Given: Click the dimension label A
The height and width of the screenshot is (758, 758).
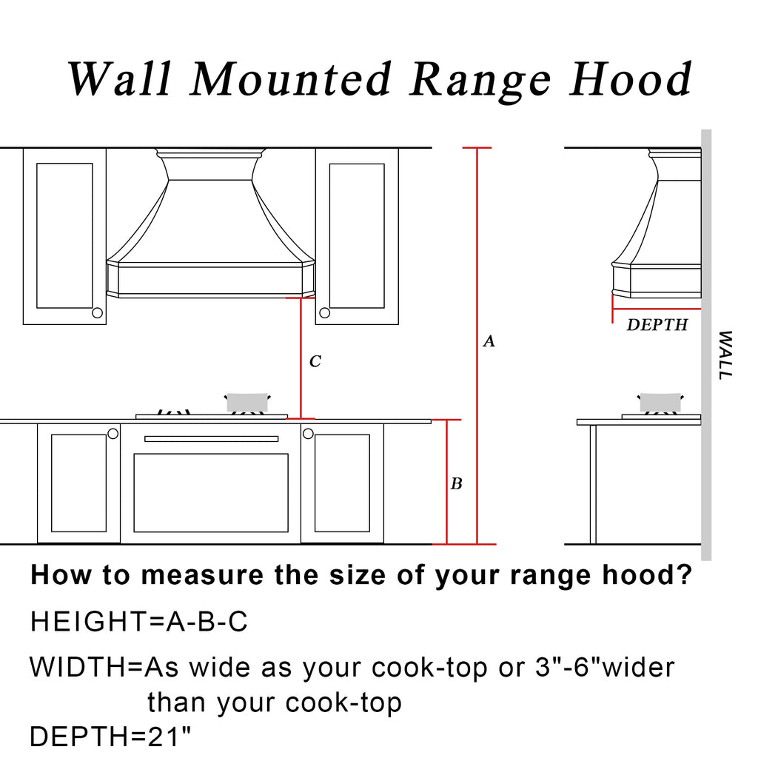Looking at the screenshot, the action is click(489, 341).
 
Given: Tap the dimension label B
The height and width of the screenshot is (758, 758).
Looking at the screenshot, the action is click(456, 483).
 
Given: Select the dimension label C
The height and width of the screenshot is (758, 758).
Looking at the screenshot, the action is click(315, 361).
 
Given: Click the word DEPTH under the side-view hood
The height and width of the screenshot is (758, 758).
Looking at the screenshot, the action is click(657, 325).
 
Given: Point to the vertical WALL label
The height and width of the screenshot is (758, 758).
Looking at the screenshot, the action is click(725, 355).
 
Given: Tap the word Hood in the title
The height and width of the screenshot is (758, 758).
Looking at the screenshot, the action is click(631, 79).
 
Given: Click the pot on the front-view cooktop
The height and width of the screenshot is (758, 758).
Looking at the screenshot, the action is click(247, 402).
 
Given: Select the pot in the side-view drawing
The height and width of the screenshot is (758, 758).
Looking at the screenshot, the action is click(660, 403).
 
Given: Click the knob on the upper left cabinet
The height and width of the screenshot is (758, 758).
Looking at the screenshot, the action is click(97, 313).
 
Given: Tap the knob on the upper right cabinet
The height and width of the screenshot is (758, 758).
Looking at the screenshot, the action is click(325, 313).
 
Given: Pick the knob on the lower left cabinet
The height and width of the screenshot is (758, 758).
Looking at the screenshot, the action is click(113, 434).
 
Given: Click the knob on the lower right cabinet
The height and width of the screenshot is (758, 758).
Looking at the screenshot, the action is click(308, 434).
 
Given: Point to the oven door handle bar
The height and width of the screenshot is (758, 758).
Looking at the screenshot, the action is click(211, 439).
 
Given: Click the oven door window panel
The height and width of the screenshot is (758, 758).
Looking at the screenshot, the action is click(211, 492).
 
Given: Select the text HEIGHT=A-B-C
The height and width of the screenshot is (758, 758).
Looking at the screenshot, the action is click(139, 622).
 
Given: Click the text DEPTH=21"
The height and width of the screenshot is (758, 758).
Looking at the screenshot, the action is click(110, 737).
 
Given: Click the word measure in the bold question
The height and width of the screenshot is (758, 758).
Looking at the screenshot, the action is click(203, 575).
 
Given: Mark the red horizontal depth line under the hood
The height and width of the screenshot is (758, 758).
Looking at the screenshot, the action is click(657, 309).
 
